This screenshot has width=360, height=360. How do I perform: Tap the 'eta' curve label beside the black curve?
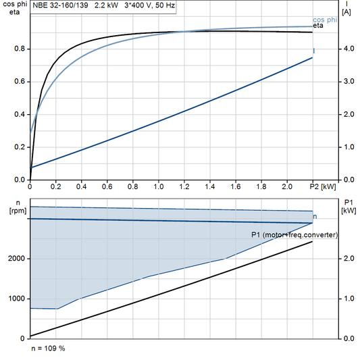click(317, 26)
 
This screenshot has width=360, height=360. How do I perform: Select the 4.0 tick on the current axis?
click(346, 49)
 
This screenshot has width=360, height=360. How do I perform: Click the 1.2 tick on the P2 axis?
click(184, 186)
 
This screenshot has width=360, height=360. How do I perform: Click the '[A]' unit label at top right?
click(346, 11)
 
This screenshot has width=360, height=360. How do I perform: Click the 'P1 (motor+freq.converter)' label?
click(294, 234)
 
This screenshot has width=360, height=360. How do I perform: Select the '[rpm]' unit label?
click(12, 211)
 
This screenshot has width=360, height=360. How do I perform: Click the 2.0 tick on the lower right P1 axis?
click(346, 259)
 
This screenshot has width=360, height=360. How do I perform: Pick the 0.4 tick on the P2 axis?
click(81, 186)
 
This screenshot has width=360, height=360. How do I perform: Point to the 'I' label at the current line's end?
click(313, 51)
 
